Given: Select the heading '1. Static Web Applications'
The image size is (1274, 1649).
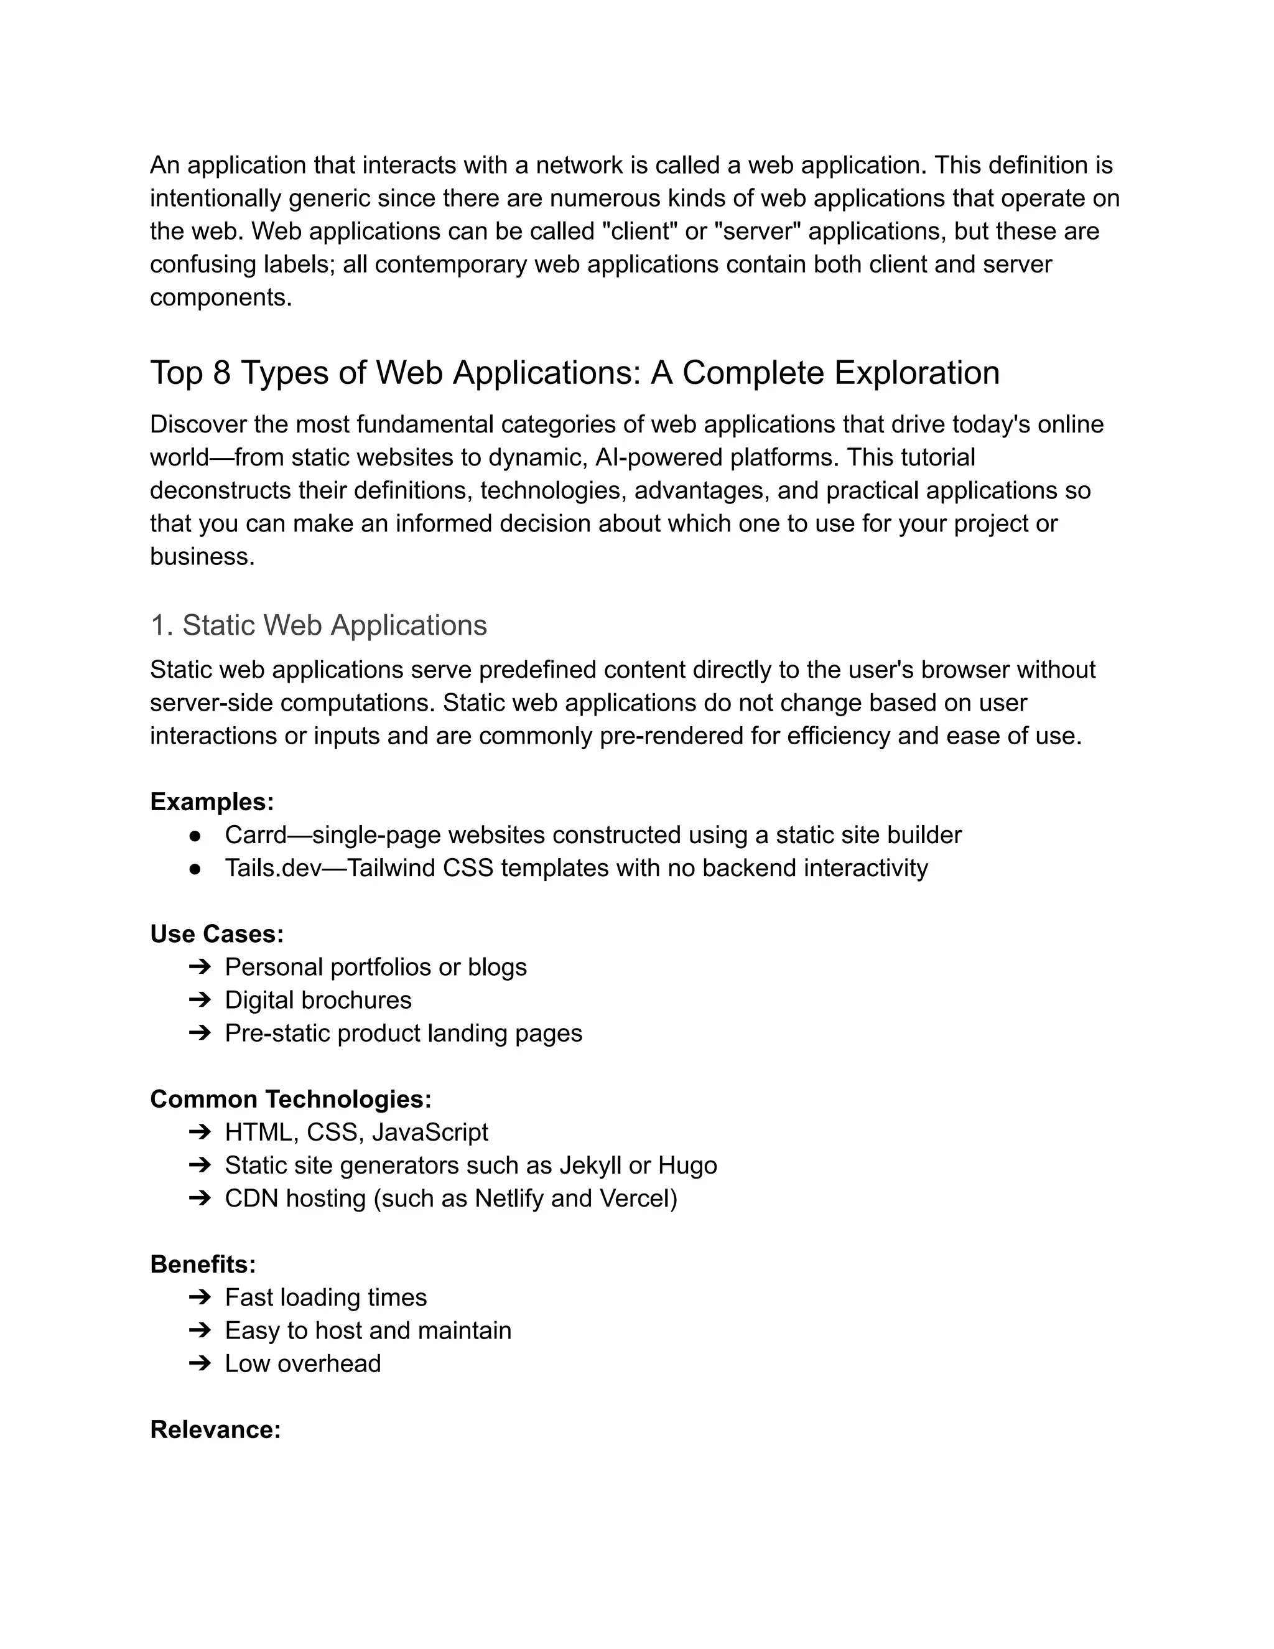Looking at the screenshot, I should pyautogui.click(x=318, y=625).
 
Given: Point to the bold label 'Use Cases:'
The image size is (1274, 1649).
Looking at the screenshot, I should pyautogui.click(x=216, y=934).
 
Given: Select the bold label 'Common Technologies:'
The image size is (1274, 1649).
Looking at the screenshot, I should pyautogui.click(x=291, y=1100).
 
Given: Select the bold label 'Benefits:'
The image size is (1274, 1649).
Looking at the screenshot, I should pyautogui.click(x=203, y=1264).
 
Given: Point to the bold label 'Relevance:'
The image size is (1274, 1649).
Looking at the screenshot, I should pyautogui.click(x=215, y=1429).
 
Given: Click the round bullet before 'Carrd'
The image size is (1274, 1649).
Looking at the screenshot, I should pyautogui.click(x=195, y=836).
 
